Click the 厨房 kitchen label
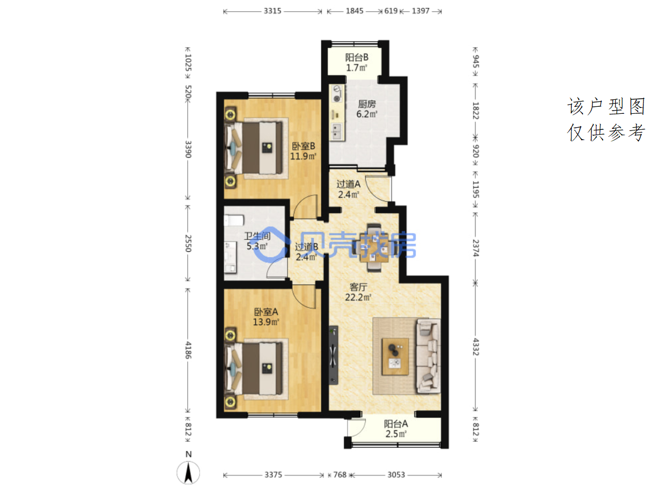[x=367, y=109]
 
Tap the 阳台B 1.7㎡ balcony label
[x=357, y=62]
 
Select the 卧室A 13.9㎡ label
[x=266, y=317]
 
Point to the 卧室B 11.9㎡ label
[x=303, y=151]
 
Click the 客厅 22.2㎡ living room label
[x=358, y=292]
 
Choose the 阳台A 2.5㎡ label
[x=396, y=429]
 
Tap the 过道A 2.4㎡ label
[x=349, y=189]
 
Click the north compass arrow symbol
[x=188, y=473]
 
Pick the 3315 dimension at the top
[x=272, y=11]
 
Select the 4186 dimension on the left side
[x=188, y=350]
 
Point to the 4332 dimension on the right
[x=475, y=346]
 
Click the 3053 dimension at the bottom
[x=396, y=475]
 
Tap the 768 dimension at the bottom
[x=339, y=475]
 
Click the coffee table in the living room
[x=395, y=356]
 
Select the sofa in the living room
[x=429, y=356]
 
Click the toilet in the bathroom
[x=234, y=220]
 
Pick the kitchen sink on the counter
[x=337, y=132]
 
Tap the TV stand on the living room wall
[x=334, y=355]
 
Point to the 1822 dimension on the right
[x=475, y=111]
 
